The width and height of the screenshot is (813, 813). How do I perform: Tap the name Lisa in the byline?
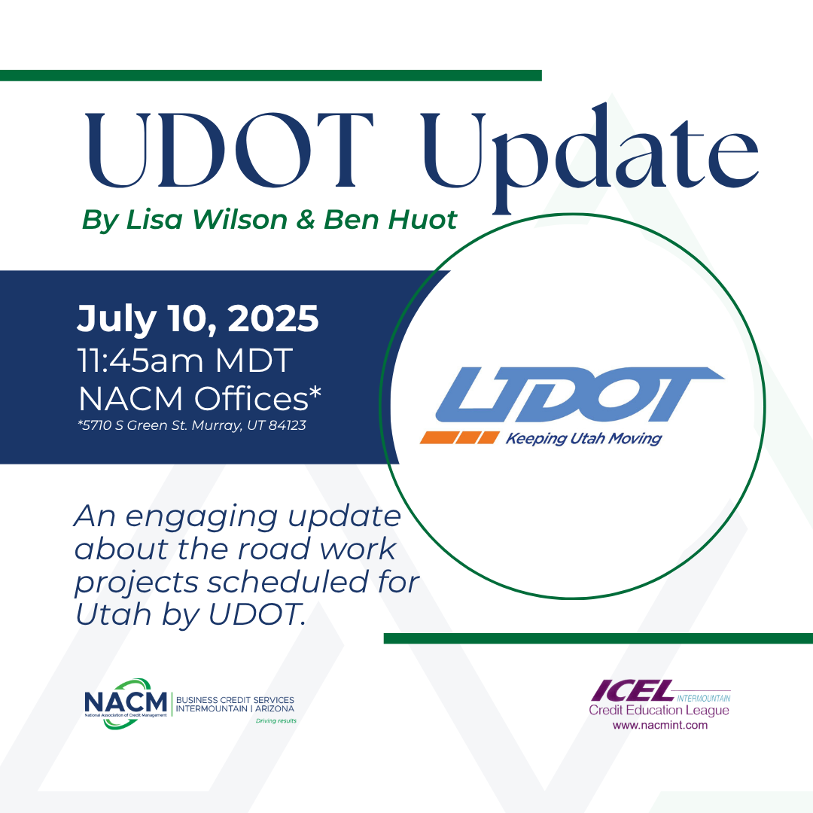tap(154, 219)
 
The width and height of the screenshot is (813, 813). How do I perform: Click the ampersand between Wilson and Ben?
tap(306, 219)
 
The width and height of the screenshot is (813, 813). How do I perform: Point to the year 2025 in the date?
tap(273, 318)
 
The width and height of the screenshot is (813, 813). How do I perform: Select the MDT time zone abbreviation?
tap(254, 360)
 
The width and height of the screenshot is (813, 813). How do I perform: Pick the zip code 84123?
tap(288, 425)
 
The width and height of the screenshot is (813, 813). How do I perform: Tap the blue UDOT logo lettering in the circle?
tap(579, 394)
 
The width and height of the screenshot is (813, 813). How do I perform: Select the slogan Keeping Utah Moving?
tap(583, 439)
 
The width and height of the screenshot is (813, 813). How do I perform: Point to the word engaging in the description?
tap(202, 518)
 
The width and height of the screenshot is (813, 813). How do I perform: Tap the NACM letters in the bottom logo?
tap(126, 702)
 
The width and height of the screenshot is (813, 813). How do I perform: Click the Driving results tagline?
tap(276, 720)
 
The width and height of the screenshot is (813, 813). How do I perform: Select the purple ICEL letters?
tap(632, 690)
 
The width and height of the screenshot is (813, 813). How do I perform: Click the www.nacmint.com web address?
tap(659, 725)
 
